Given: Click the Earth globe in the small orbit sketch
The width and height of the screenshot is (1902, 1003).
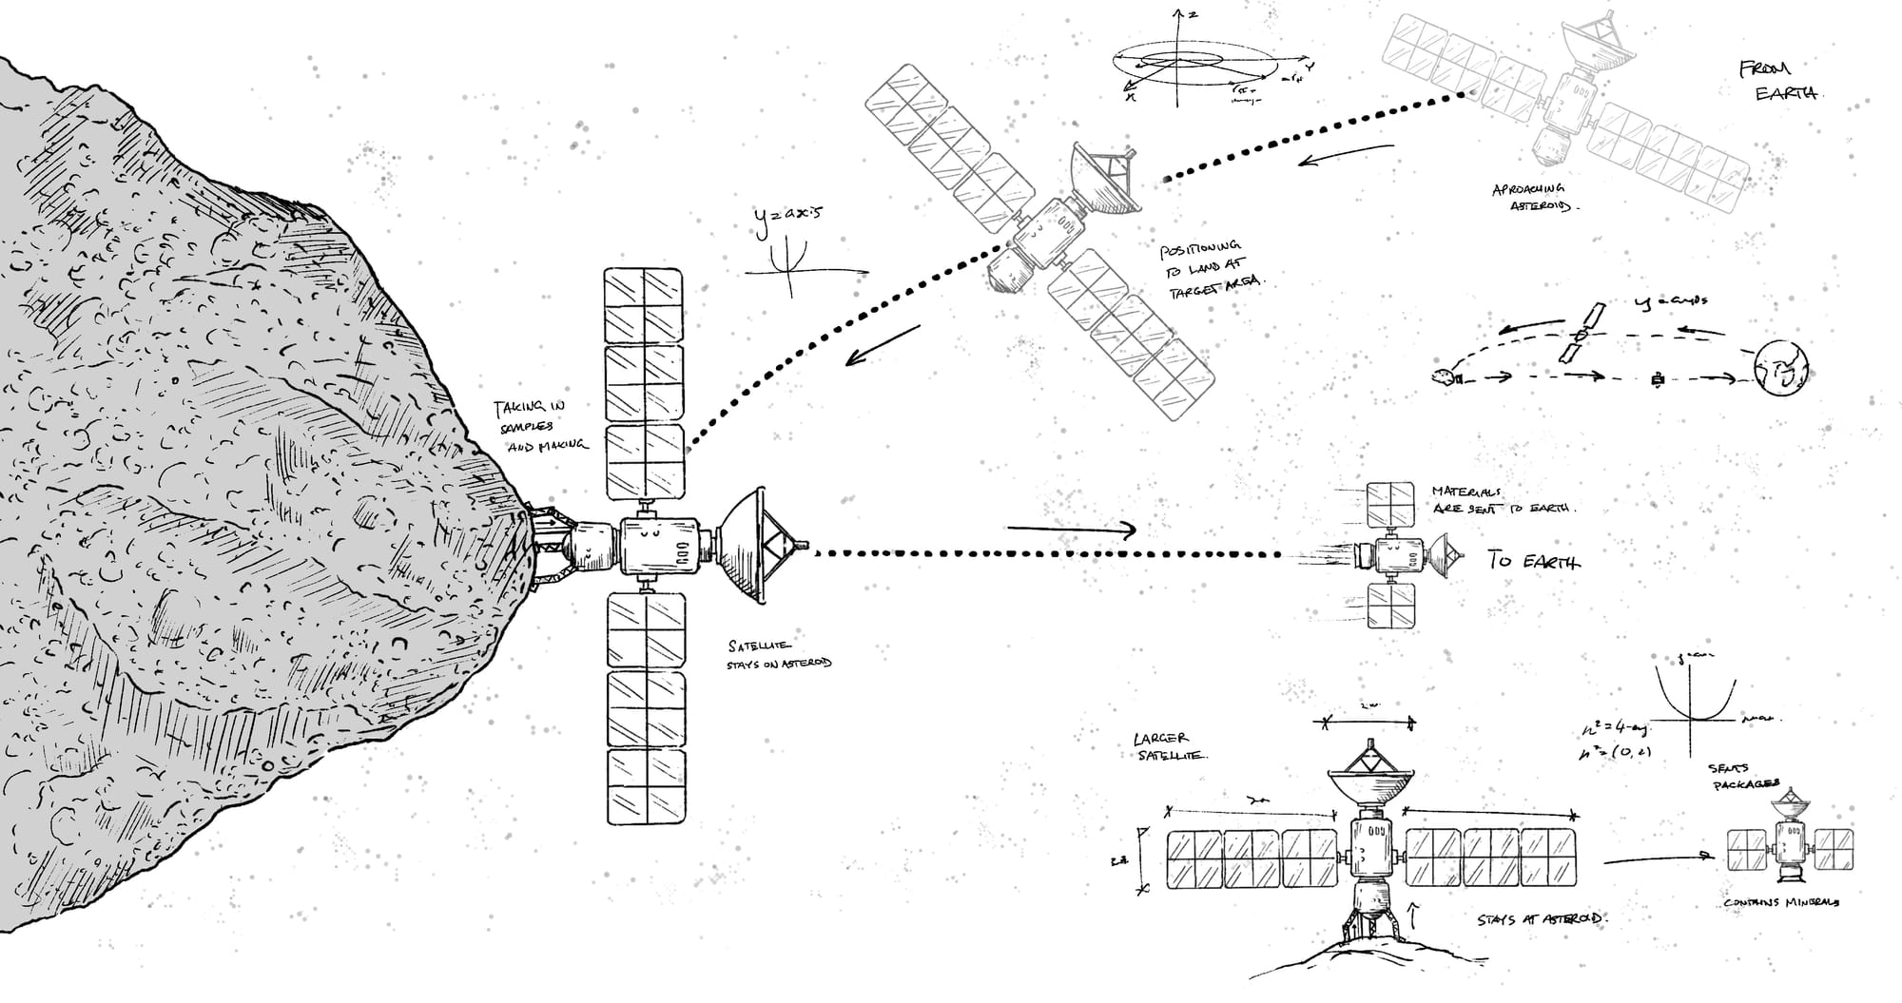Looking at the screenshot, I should click(1779, 368).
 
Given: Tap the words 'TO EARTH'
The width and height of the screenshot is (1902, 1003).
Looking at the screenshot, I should click(1533, 561).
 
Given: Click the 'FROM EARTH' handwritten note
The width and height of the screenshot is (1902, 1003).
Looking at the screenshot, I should click(1776, 82).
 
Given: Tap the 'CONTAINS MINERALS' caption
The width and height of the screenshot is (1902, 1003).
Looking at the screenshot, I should click(1780, 902).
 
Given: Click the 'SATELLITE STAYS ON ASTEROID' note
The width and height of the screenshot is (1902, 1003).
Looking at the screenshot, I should click(778, 654).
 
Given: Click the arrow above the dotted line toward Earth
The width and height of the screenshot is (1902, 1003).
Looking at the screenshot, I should click(1072, 530).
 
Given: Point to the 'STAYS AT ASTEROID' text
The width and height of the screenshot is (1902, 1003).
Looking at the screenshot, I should click(1540, 920).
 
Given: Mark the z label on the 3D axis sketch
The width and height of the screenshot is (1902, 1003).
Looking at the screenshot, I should click(1193, 14).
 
